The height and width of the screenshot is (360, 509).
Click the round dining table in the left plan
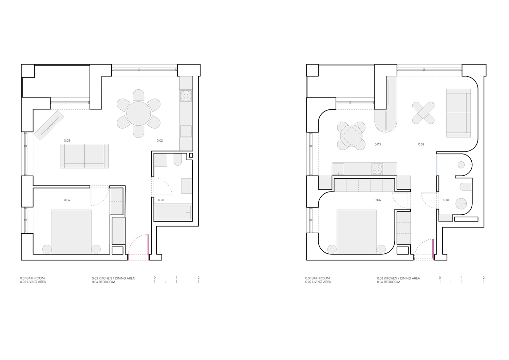click(138, 113)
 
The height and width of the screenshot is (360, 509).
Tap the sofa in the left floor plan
click(84, 156)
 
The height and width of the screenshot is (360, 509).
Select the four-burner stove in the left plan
click(186, 96)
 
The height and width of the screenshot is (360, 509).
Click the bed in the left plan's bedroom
click(71, 232)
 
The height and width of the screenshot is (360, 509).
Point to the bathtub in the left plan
click(173, 212)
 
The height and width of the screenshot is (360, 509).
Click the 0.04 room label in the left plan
click(67, 200)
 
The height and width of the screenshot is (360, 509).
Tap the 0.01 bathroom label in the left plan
click(161, 200)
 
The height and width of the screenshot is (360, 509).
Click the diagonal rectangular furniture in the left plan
click(49, 125)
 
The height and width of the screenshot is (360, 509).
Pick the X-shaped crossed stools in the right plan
click(423, 113)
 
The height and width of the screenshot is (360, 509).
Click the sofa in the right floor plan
click(458, 113)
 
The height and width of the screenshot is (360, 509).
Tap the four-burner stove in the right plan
click(377, 169)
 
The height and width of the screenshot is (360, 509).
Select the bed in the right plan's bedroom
click(356, 232)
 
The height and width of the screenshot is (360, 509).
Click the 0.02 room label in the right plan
click(421, 144)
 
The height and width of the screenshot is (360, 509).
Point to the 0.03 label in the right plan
click(378, 144)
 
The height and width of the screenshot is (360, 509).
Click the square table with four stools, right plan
click(351, 136)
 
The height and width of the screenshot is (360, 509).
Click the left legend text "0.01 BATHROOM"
click(33, 278)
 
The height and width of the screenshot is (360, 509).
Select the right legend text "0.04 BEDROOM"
click(389, 282)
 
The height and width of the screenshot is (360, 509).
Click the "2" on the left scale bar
click(199, 278)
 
